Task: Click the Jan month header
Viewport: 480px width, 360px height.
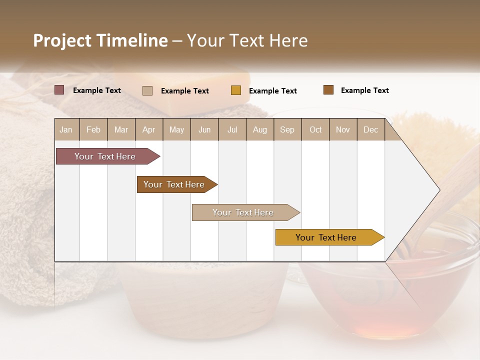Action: pos(66,129)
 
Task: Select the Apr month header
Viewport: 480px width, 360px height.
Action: pos(148,129)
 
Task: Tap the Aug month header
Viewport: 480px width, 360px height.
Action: pos(259,129)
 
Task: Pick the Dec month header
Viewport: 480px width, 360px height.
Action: pos(370,129)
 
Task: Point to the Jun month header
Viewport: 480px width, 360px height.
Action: pos(204,129)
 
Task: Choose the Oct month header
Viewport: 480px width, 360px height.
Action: pos(315,129)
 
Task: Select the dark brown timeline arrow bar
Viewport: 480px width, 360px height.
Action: pos(175,184)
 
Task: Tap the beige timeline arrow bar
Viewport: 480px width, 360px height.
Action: pos(244,212)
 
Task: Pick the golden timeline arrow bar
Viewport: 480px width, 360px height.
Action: pos(327,237)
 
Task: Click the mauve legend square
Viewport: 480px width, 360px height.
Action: pos(59,90)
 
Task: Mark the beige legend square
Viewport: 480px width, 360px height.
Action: pos(147,90)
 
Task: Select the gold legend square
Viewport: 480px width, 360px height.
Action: pos(235,90)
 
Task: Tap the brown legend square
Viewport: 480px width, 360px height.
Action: pos(328,90)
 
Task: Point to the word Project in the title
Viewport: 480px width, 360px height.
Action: pos(62,40)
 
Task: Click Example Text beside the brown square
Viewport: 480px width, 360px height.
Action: pos(364,90)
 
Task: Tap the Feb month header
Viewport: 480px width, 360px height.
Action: pos(93,129)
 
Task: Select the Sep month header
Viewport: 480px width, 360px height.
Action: pos(287,129)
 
